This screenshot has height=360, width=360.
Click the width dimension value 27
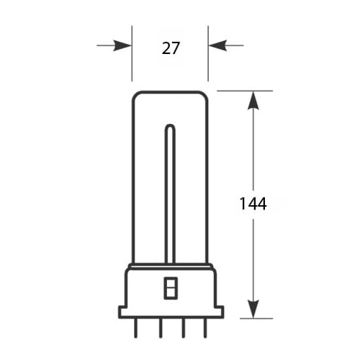pos(171,48)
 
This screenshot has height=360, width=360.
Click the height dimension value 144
pos(253,204)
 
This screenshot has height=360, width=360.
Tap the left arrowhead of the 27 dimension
pos(122,45)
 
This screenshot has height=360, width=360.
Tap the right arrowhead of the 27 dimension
pos(217,45)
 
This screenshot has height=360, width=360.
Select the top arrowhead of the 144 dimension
pos(253,101)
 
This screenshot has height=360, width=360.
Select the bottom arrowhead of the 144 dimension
pos(253,309)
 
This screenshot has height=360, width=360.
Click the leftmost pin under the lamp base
pos(136,328)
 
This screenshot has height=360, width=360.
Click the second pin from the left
pos(161,328)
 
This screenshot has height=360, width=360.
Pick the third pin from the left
pos(184,328)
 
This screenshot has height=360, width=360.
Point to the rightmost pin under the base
pos(205,328)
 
